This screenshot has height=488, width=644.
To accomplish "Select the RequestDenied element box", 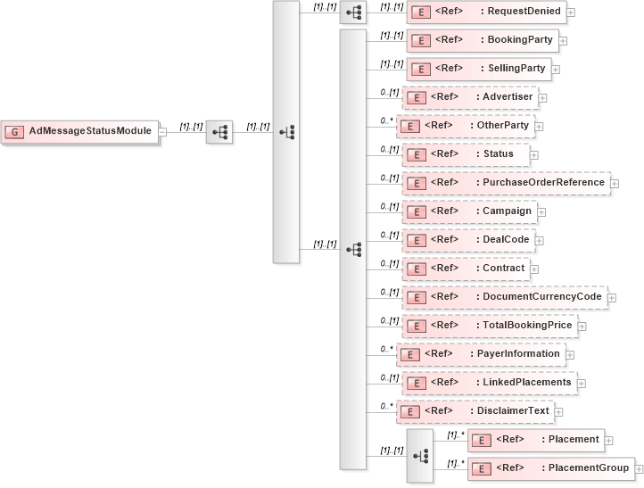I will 486,12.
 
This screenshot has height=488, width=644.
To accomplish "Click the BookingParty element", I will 483,39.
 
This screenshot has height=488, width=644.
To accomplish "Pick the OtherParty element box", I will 466,125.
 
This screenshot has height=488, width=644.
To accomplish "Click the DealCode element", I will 467,240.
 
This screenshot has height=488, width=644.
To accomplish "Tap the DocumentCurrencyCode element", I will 505,297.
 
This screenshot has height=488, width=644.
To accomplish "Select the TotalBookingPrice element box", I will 490,326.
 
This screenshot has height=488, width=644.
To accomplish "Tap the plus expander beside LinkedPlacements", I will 582,383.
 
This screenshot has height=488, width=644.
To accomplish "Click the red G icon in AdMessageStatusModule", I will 14,131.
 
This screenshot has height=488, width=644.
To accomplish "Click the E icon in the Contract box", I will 414,269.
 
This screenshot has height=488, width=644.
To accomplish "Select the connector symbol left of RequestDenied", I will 353,12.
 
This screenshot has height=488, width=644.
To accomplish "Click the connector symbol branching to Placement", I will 419,455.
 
